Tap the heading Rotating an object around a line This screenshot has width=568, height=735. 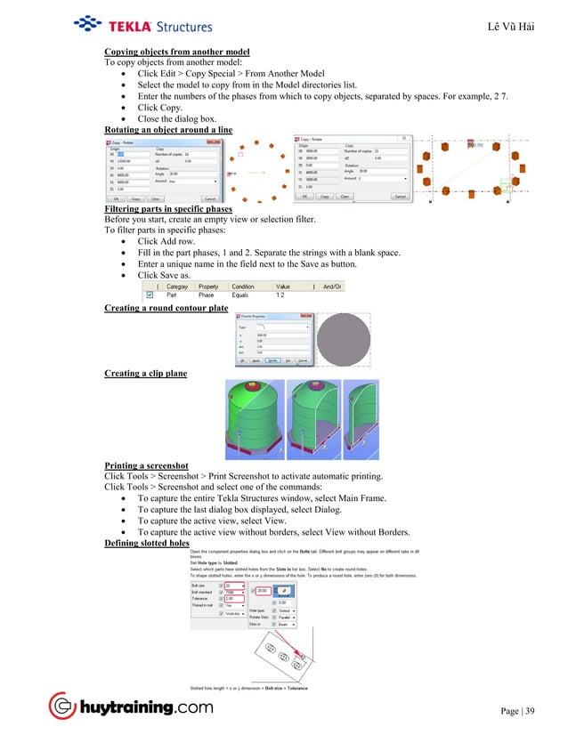(168, 129)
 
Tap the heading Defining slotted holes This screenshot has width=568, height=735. (147, 543)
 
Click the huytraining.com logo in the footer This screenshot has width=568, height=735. (131, 707)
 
